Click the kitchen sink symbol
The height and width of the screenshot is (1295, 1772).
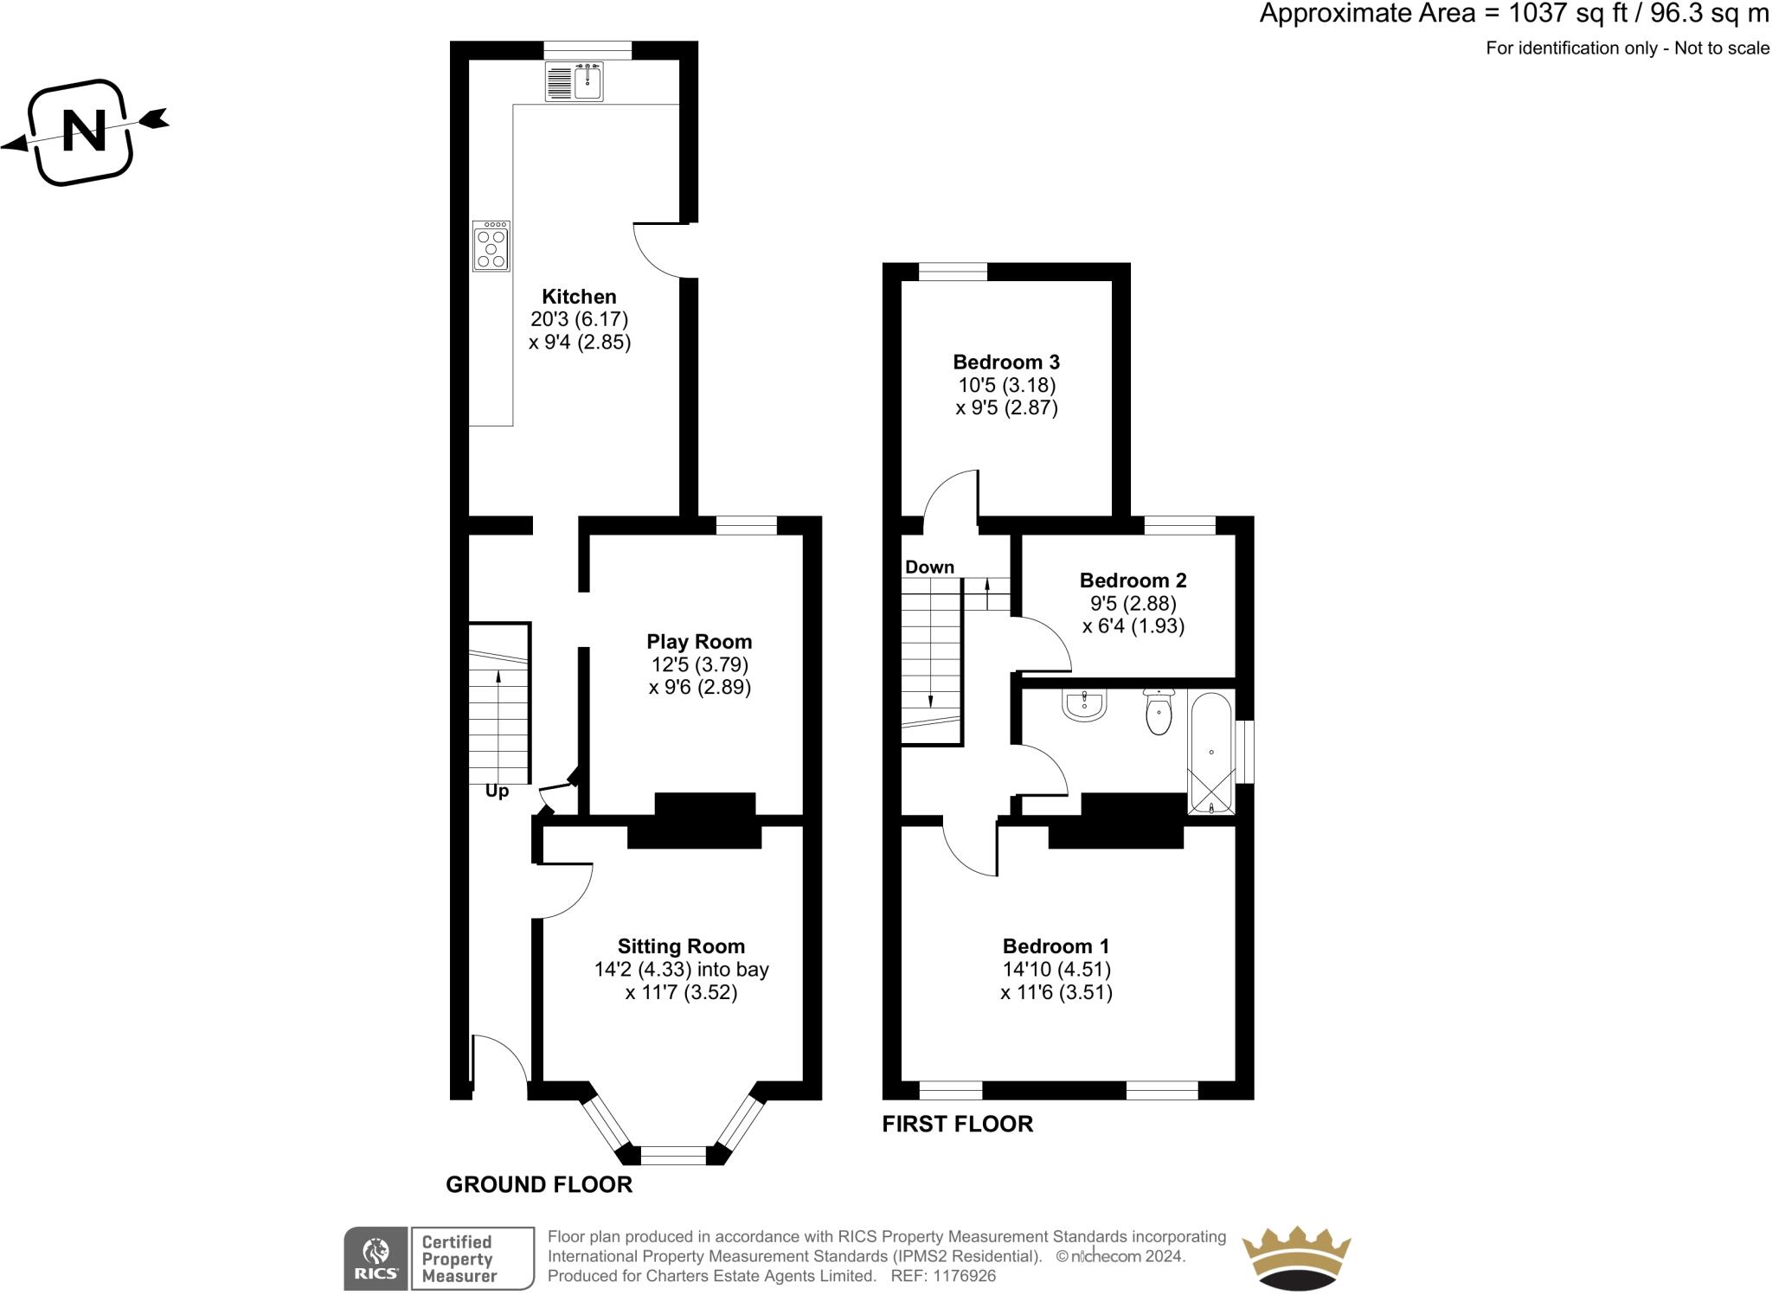click(x=575, y=81)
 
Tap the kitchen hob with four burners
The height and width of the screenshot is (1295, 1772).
click(x=491, y=246)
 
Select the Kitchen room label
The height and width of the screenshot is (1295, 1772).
click(x=579, y=297)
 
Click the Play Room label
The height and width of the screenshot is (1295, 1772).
click(x=699, y=642)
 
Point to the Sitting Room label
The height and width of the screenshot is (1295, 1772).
click(x=681, y=946)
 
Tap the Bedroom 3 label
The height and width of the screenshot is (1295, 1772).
click(x=1006, y=362)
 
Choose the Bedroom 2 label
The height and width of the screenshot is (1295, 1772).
click(x=1133, y=580)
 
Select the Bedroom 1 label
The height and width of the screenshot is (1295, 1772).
click(x=1056, y=946)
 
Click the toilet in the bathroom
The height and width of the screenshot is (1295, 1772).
click(x=1158, y=712)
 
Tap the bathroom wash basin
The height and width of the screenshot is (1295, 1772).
click(x=1084, y=705)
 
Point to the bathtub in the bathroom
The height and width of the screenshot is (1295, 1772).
click(x=1211, y=752)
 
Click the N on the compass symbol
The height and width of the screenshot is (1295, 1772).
click(x=84, y=131)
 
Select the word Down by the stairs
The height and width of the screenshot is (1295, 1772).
click(x=929, y=567)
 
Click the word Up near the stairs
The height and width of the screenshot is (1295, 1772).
click(x=497, y=792)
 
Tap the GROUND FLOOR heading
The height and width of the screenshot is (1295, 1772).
click(x=539, y=1184)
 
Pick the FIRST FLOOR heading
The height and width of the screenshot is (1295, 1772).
click(x=958, y=1124)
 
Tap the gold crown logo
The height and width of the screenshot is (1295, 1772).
click(x=1296, y=1259)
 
